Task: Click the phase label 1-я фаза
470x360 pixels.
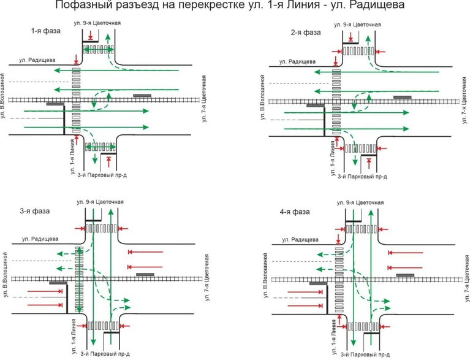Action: (45, 31)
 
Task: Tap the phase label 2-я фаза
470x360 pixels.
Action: (305, 33)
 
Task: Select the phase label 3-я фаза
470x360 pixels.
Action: (35, 211)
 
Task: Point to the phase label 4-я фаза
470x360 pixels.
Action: (295, 212)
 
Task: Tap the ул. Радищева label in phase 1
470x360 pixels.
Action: (37, 60)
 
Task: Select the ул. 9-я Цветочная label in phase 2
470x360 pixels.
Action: (357, 25)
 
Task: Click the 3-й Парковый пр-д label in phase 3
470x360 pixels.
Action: (105, 354)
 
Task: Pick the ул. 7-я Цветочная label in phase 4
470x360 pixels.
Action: (467, 278)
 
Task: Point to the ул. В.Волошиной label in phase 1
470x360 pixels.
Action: (3, 96)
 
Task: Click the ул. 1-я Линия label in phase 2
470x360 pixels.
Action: (332, 158)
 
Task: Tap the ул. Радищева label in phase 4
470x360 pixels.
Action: (300, 240)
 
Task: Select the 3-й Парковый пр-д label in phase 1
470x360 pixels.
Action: (102, 175)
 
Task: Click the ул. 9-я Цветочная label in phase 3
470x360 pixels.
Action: (100, 202)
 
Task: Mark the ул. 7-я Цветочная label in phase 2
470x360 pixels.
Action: (464, 100)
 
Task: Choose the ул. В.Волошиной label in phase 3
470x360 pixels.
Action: (6, 275)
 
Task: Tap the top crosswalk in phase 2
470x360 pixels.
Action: (358, 51)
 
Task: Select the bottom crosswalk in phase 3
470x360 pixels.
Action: (103, 326)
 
